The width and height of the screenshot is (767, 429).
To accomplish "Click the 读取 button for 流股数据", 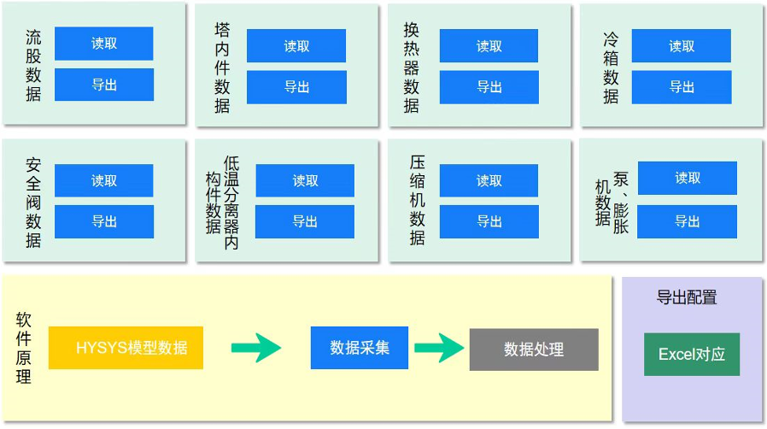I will (x=103, y=44).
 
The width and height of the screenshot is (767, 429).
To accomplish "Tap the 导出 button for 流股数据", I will (x=103, y=85).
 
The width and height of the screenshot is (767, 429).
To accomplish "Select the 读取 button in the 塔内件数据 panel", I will (x=296, y=46).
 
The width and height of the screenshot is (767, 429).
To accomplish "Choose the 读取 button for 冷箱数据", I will (x=682, y=46).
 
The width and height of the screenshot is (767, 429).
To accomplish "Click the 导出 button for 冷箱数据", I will (x=682, y=87).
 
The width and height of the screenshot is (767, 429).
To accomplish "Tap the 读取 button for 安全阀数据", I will (x=103, y=180).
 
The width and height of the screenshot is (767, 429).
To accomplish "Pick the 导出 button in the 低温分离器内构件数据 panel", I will (x=305, y=221).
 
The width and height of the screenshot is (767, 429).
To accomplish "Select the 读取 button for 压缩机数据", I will (x=489, y=180).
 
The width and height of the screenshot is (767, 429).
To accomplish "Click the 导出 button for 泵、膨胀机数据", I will (x=687, y=220).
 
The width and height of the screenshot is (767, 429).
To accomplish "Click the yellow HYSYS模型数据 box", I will (x=126, y=348).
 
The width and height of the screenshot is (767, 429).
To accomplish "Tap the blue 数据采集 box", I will (x=360, y=348).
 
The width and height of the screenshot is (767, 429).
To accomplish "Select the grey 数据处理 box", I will (x=534, y=350).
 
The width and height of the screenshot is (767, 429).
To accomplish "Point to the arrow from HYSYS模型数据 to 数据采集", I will (x=256, y=348).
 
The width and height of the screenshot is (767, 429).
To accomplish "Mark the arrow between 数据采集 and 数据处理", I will (x=439, y=348).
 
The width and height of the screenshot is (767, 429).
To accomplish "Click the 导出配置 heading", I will (x=686, y=297).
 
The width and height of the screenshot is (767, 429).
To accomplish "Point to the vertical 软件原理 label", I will (x=24, y=348).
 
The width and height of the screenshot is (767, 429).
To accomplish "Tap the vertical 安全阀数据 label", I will (x=33, y=202).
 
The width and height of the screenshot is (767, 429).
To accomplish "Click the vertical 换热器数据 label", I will (x=412, y=67).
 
